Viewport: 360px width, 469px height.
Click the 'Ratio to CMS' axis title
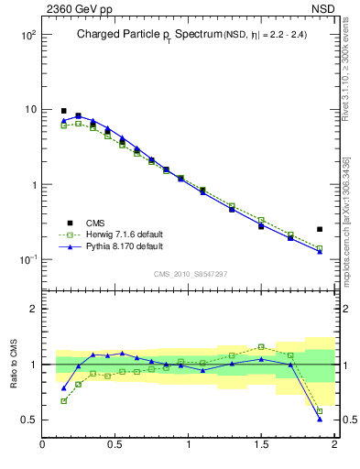[x=15, y=364]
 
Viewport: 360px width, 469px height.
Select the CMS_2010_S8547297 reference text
[x=190, y=273]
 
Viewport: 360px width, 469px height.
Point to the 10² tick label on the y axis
[x=27, y=35]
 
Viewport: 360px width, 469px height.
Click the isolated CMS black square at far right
[x=320, y=229]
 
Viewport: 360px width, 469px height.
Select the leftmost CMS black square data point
[x=63, y=111]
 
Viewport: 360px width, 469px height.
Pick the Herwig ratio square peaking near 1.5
[x=261, y=347]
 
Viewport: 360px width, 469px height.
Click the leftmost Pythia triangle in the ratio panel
[x=63, y=387]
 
